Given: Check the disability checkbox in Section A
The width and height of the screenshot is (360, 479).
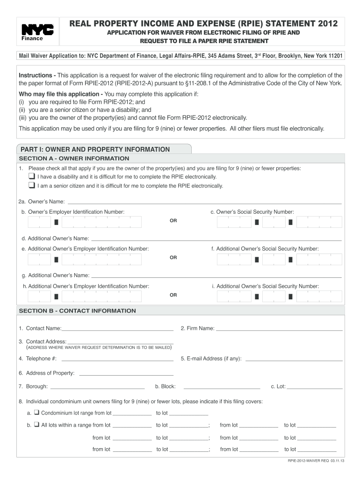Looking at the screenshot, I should pyautogui.click(x=31, y=176).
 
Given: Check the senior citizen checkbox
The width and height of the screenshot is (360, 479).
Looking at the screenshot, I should pyautogui.click(x=31, y=185).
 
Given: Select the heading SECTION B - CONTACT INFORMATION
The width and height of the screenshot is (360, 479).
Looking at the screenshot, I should pyautogui.click(x=77, y=311).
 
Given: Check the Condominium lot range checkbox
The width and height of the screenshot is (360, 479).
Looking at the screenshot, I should pyautogui.click(x=36, y=413).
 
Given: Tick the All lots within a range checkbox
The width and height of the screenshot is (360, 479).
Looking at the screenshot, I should pyautogui.click(x=36, y=425).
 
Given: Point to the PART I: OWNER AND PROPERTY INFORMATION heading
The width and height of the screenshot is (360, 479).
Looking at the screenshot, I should pyautogui.click(x=94, y=149).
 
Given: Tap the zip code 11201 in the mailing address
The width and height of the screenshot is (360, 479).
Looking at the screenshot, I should pyautogui.click(x=334, y=56).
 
